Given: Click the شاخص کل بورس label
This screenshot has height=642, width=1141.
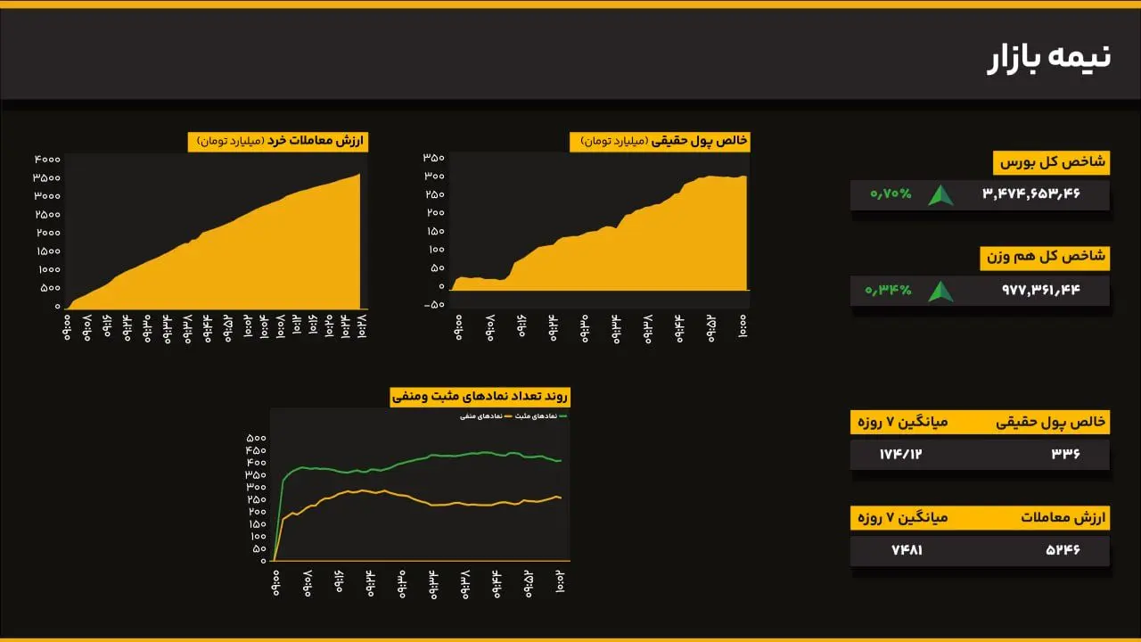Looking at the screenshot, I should (x=1051, y=162).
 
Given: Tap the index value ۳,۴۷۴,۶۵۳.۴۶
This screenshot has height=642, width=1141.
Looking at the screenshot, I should (x=1031, y=194).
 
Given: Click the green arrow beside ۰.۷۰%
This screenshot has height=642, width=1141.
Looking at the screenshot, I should (x=940, y=195).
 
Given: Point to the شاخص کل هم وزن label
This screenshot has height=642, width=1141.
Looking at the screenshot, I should (x=1045, y=258).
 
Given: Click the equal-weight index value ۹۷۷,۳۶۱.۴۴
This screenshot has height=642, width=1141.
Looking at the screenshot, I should (x=1040, y=290).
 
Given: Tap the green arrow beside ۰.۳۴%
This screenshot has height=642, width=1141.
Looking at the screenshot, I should (x=940, y=291).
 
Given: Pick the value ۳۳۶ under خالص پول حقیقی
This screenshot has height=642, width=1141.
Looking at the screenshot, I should (x=1065, y=454).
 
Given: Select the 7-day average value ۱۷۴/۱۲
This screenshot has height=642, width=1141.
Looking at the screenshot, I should (x=900, y=454).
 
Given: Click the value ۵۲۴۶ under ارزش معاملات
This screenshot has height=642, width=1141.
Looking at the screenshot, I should (x=1063, y=550).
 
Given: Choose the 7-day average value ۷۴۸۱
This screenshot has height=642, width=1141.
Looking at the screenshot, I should (x=907, y=550).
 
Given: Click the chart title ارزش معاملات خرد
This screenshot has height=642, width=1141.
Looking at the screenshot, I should (x=277, y=141).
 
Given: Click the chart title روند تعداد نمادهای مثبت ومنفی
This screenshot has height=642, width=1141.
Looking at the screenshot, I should (x=480, y=397).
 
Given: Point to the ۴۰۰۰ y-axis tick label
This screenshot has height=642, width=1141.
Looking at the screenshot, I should (x=47, y=159).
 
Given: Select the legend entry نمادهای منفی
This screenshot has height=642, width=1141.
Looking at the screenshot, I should (x=480, y=416).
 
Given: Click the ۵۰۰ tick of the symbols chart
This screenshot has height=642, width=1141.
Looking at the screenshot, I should (x=255, y=438).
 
